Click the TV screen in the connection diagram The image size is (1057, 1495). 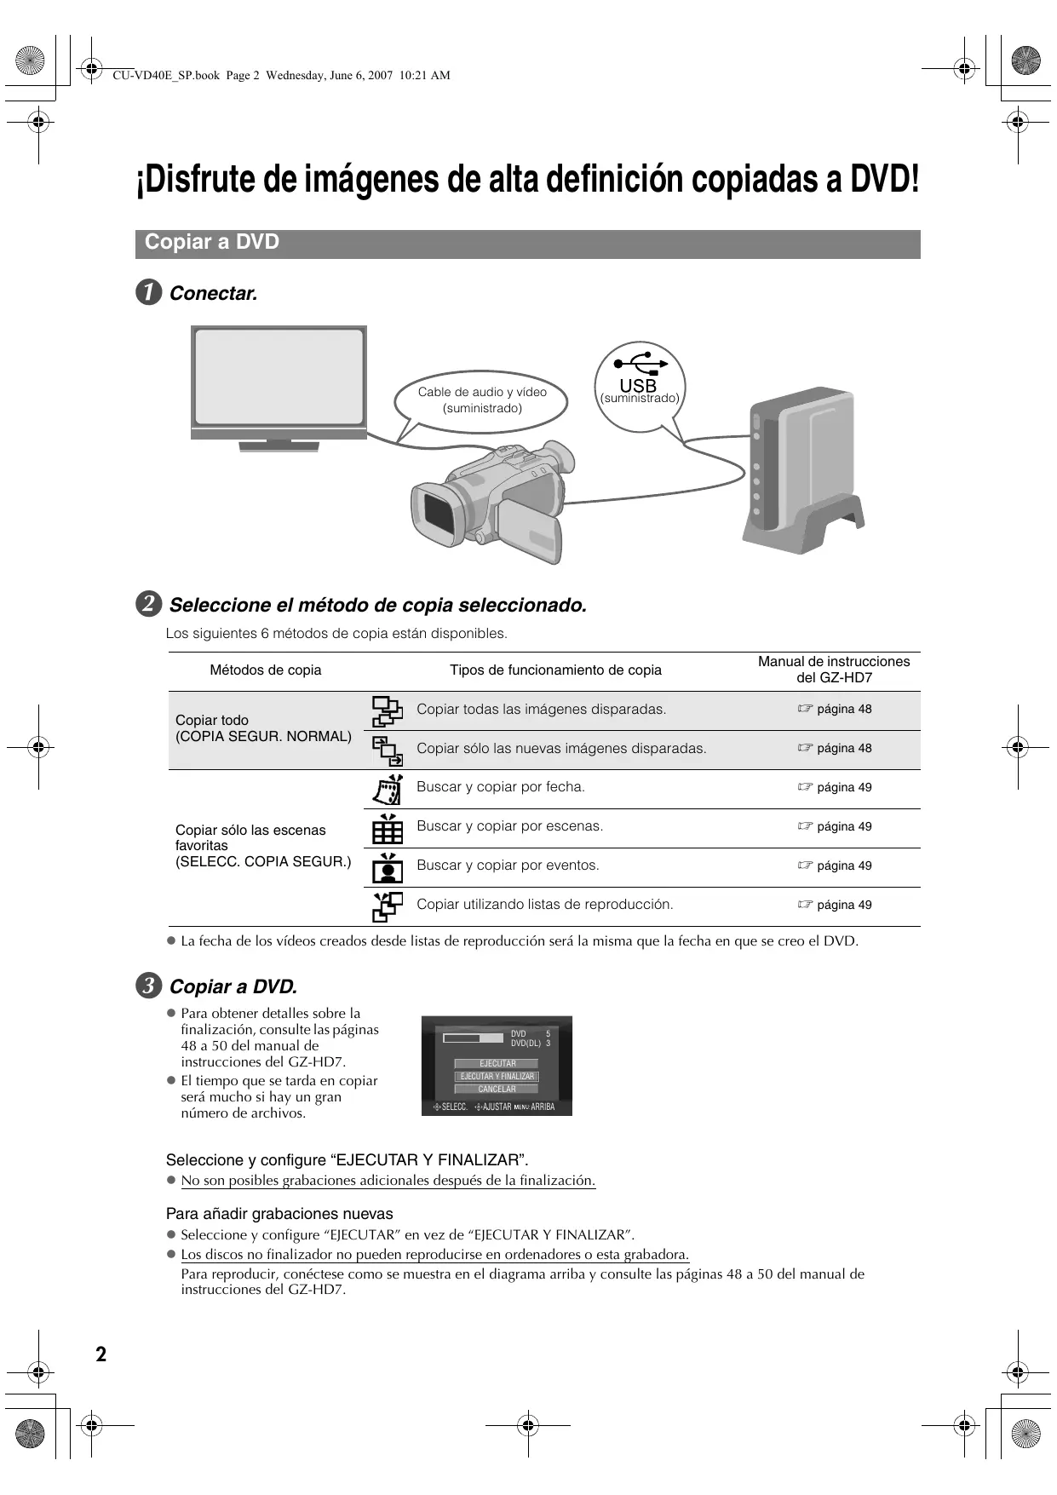[x=279, y=377]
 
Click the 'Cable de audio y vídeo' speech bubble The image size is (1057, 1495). [x=482, y=400]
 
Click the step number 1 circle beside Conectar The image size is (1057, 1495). [x=148, y=293]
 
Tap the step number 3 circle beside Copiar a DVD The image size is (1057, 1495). [x=148, y=986]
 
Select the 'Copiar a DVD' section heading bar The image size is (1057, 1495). [x=527, y=243]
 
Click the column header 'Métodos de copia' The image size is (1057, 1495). [x=266, y=670]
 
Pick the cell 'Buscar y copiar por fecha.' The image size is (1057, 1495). [x=501, y=787]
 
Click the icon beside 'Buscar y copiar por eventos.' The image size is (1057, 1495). [x=388, y=867]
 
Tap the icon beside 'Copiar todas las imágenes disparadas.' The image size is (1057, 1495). [x=388, y=710]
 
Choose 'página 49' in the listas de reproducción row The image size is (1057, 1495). [x=843, y=905]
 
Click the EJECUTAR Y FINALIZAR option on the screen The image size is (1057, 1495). [x=497, y=1076]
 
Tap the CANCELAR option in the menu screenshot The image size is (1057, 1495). [x=497, y=1089]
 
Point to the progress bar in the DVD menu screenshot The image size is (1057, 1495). [x=473, y=1038]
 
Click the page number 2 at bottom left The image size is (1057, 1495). [x=101, y=1354]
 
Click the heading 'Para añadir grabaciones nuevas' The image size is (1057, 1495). [x=279, y=1214]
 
